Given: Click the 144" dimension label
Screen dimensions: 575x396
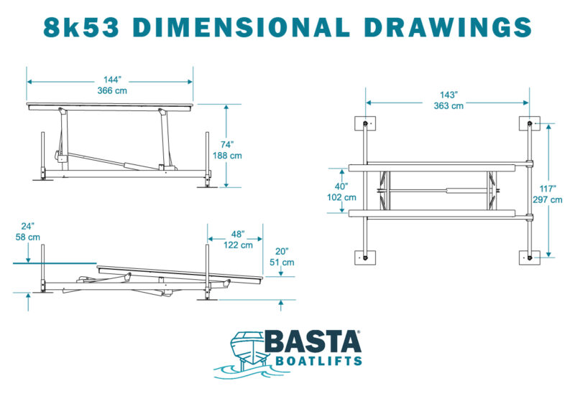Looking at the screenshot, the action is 112,80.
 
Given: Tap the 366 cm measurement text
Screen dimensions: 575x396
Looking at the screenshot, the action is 112,90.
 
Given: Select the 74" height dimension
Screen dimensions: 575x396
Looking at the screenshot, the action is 227,145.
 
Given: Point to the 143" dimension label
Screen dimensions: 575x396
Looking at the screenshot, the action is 448,95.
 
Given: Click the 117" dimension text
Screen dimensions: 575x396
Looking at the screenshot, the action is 548,189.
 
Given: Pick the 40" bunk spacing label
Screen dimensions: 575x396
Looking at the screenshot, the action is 341,187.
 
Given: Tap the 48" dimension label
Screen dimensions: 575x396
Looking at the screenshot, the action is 238,235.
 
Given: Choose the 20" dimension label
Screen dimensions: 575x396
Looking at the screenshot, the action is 282,251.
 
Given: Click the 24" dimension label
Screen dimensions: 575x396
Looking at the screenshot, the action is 27,226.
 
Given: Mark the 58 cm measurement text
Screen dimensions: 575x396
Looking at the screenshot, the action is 28,237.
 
